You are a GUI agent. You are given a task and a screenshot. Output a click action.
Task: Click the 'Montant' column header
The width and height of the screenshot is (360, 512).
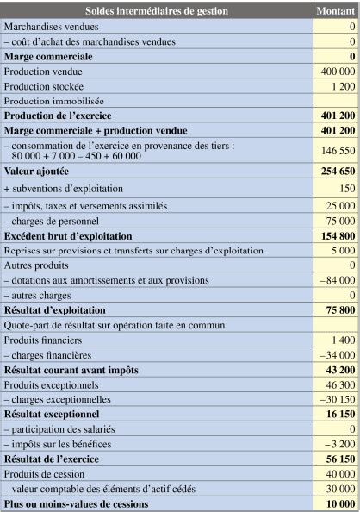[336, 11]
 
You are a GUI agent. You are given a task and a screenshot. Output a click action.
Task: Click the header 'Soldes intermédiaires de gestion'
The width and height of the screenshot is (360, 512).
[157, 11]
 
